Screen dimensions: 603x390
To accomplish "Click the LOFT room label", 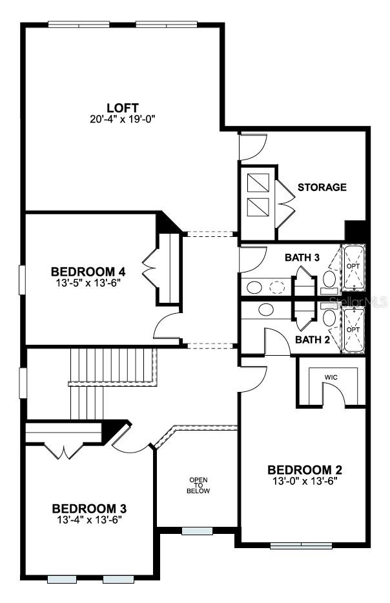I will coord(122,107).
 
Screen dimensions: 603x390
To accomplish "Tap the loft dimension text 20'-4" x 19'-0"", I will coord(122,119).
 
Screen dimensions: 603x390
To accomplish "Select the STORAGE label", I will coord(322,187).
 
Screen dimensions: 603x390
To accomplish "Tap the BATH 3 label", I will coord(302,258).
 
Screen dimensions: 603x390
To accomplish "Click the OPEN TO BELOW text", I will coord(198,485).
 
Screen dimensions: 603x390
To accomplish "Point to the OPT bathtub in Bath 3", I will coord(353,267).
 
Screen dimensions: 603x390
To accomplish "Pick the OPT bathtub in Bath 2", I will coord(353,329).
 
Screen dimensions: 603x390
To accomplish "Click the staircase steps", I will coord(113,365).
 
